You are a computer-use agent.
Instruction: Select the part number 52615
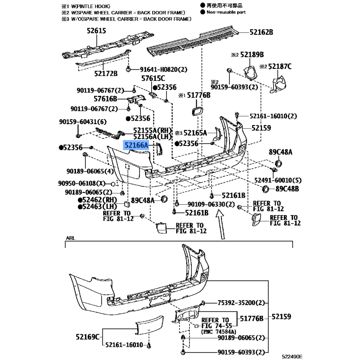96,31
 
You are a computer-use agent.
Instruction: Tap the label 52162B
262,32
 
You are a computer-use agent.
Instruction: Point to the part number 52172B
106,73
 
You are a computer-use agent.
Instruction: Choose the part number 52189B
252,54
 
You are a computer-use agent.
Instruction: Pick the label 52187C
280,67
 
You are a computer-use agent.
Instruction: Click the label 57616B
105,99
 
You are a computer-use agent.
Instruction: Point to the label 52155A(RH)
153,130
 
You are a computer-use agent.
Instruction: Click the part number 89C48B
287,189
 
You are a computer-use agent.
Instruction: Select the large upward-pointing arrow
221,226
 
